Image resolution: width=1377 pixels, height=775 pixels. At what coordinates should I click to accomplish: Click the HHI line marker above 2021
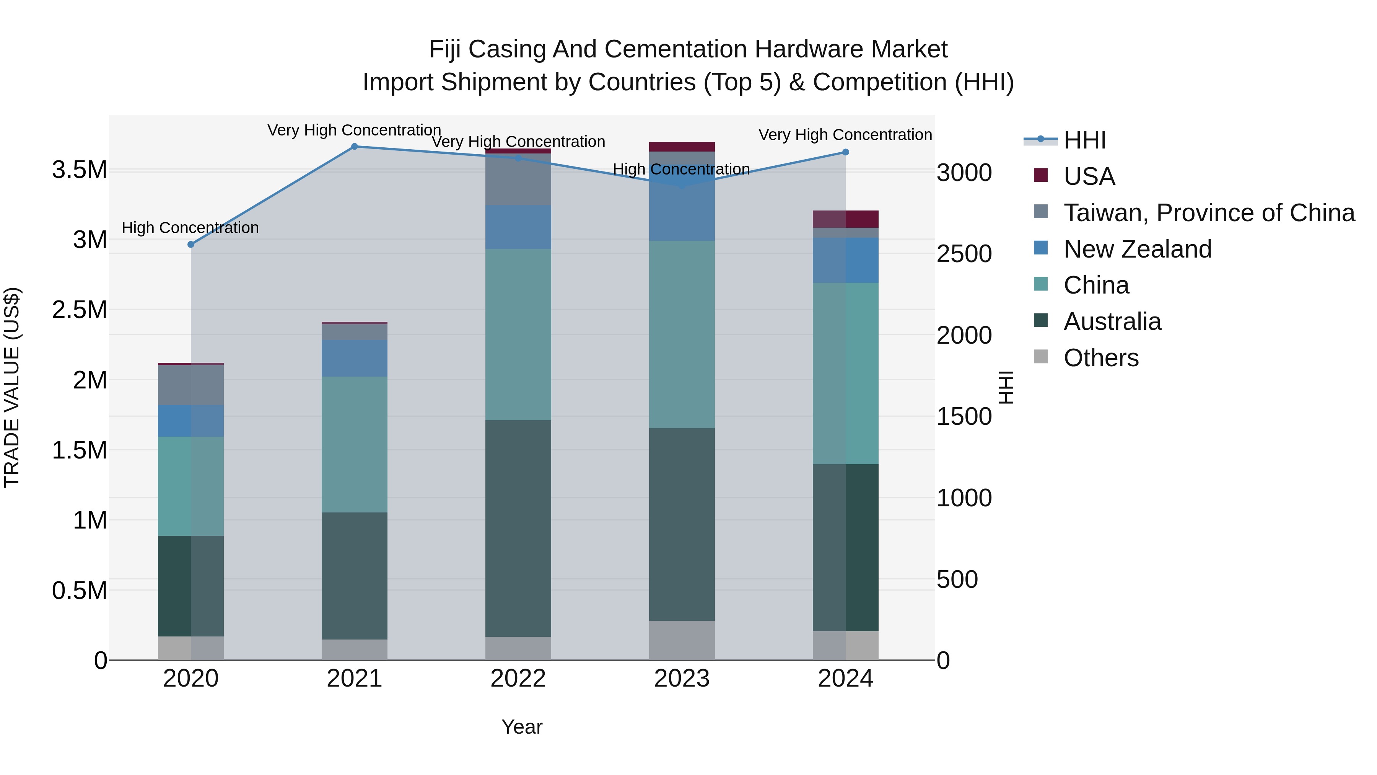(355, 147)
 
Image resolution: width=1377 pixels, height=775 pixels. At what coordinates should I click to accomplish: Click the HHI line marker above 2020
(191, 245)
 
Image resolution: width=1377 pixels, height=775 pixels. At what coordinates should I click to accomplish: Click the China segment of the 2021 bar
(355, 444)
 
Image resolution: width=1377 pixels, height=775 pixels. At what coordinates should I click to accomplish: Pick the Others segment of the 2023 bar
(682, 640)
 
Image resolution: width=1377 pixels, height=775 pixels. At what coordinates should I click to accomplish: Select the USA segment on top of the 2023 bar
(682, 147)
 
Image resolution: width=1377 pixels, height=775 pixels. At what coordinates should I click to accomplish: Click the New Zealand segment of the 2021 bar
(355, 358)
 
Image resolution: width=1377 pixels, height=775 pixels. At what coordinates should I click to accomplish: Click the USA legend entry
(1089, 176)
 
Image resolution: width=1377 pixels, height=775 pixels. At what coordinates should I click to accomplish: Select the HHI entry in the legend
(1085, 140)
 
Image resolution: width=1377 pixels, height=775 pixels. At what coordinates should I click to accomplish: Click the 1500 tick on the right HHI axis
(964, 417)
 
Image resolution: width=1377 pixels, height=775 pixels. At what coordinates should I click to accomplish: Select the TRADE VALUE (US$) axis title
(12, 387)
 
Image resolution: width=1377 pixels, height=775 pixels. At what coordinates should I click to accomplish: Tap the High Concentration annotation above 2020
(190, 228)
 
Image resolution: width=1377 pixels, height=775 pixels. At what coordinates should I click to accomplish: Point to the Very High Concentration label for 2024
(845, 135)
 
